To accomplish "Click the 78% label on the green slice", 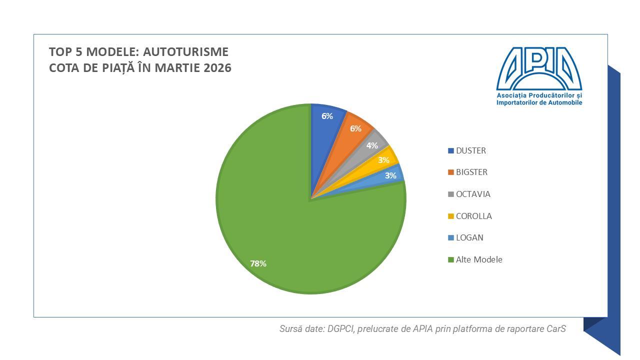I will [x=258, y=263].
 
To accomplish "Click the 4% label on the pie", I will [x=372, y=146].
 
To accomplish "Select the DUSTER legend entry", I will [x=470, y=150].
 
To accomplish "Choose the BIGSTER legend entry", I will [x=471, y=172].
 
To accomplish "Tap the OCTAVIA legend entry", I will [x=473, y=194].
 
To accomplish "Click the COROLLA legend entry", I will [x=473, y=216].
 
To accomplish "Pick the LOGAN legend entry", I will [x=469, y=237].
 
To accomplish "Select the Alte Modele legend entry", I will [x=479, y=259].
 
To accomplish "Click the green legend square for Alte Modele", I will [x=451, y=259].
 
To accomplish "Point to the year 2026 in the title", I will [x=217, y=68].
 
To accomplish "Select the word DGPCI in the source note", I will [x=340, y=329].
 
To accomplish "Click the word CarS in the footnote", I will [x=556, y=329].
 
